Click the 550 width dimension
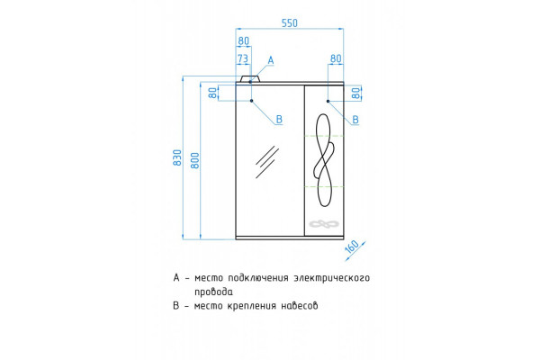click(289, 23)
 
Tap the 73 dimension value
click(243, 58)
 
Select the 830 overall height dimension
click(177, 157)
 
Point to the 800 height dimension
click(195, 160)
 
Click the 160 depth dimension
click(352, 247)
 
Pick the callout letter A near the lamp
click(271, 60)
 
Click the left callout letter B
click(279, 120)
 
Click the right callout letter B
click(355, 120)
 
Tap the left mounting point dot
click(251, 101)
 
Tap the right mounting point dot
click(328, 101)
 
